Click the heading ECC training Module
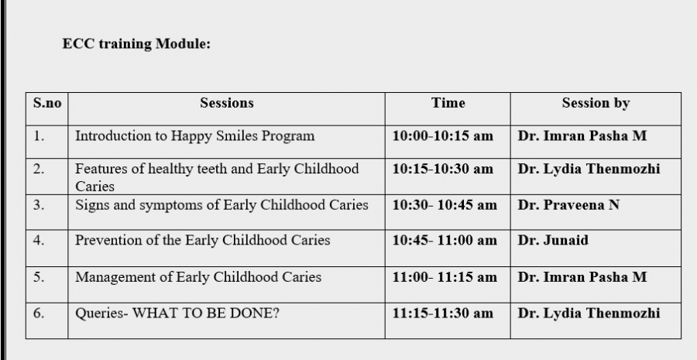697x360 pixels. point(136,44)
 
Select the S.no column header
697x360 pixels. point(47,103)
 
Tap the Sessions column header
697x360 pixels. point(227,103)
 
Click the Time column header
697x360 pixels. point(448,103)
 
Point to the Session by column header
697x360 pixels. point(596,104)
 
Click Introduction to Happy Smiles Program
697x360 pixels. point(194,136)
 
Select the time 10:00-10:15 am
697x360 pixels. point(443,136)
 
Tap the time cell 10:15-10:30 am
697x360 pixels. point(443,169)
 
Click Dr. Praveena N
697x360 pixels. point(568,205)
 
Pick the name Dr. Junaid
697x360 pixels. point(553,240)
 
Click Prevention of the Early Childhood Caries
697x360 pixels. point(203,240)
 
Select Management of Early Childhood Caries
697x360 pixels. point(198,277)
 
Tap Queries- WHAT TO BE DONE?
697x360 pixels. point(177,314)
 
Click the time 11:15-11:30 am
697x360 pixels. point(443,314)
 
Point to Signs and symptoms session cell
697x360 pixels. point(221,205)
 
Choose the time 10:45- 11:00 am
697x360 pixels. point(445,240)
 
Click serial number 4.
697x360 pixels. point(39,240)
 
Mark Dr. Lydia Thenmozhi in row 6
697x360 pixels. point(589,314)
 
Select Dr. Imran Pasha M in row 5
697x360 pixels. point(582,277)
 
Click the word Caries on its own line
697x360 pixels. point(94,187)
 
